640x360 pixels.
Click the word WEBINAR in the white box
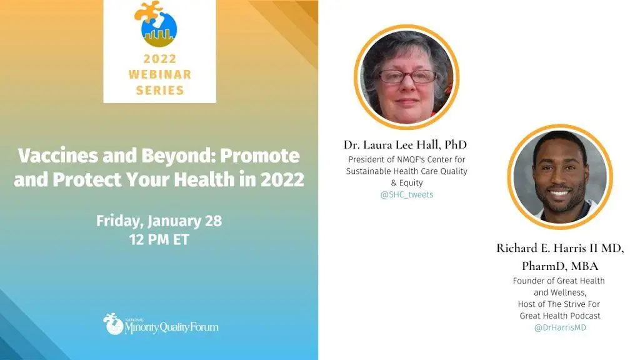coord(159,74)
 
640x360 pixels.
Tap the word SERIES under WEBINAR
coord(159,90)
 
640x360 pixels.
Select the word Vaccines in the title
coord(57,156)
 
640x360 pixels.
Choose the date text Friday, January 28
coord(159,221)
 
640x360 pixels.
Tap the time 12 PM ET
coord(159,239)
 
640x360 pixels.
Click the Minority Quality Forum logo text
coord(171,327)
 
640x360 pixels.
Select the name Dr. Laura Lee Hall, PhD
coord(405,145)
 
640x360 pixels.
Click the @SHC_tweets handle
coord(406,195)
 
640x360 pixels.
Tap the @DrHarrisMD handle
coord(560,327)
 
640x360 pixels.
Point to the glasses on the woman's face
coord(407,76)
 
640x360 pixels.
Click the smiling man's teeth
coord(559,193)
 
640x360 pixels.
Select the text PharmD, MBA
coord(560,266)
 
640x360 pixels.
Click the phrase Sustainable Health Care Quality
coord(406,171)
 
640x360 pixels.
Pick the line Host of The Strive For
coord(559,304)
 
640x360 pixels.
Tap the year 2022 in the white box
coord(159,59)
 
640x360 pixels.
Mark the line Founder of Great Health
coord(559,281)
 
